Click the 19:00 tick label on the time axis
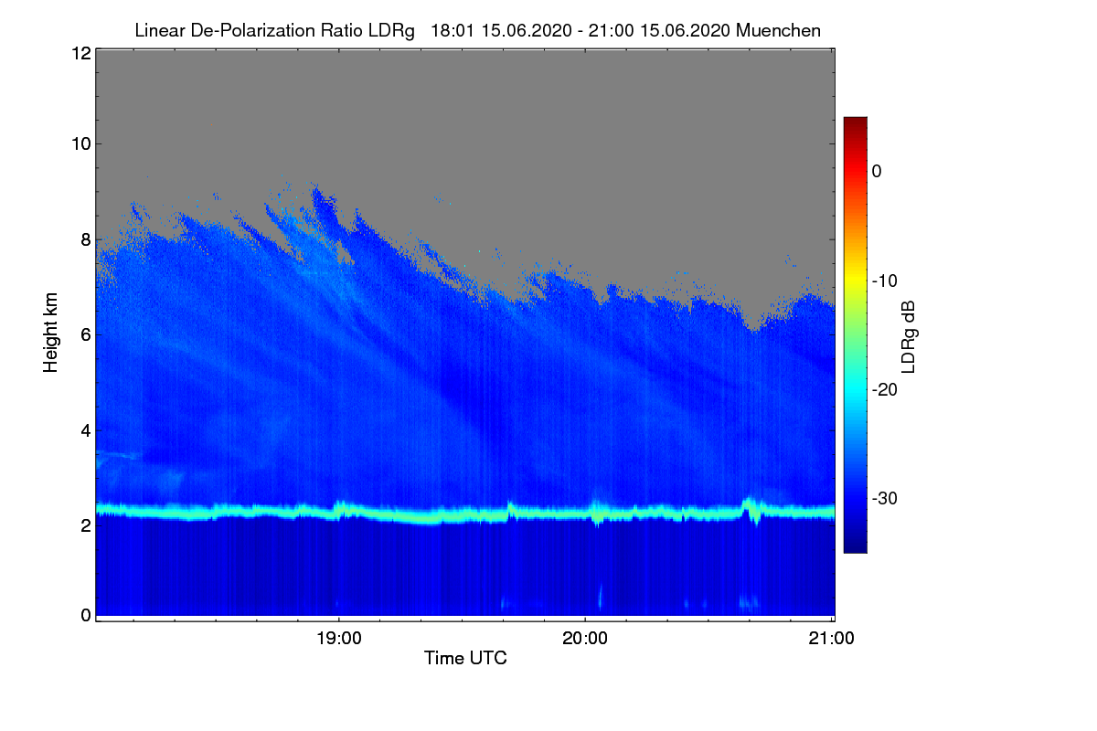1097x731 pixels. tap(338, 639)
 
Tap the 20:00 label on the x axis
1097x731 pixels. tap(585, 639)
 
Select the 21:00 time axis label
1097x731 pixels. tap(832, 639)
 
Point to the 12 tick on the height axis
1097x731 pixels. tap(80, 53)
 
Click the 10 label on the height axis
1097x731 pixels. tap(80, 143)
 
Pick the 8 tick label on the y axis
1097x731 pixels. tap(85, 239)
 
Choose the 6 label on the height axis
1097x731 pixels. tap(85, 334)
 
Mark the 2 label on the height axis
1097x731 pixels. tap(85, 525)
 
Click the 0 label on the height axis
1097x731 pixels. tap(85, 615)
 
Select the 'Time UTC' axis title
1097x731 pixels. tap(465, 658)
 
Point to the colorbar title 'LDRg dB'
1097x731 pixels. tap(908, 334)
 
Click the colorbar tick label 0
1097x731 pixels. tap(877, 172)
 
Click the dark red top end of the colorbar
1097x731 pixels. tap(855, 122)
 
